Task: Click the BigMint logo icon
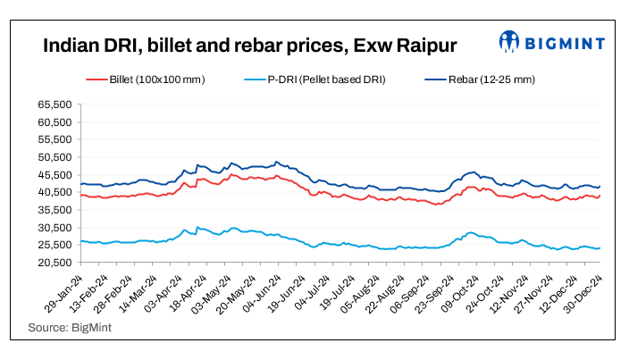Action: (x=510, y=42)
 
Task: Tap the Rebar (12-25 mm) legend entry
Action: (x=492, y=80)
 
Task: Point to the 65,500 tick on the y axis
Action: (x=55, y=105)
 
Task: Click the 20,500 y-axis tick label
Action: (x=55, y=263)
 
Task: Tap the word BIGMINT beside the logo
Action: (x=566, y=42)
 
